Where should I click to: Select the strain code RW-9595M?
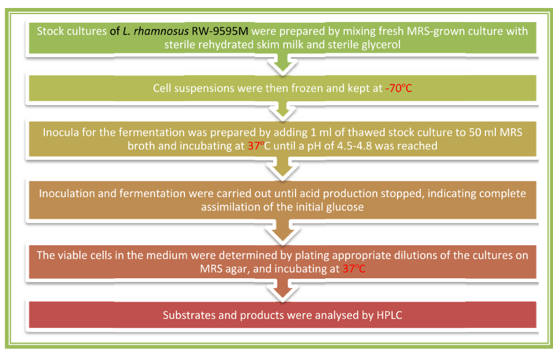point(220,31)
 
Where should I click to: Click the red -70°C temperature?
point(399,88)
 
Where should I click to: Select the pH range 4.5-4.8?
point(354,146)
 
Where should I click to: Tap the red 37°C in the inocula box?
point(259,146)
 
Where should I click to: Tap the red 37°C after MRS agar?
point(354,268)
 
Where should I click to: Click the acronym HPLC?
point(390,315)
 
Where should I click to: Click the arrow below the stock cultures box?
point(283,65)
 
